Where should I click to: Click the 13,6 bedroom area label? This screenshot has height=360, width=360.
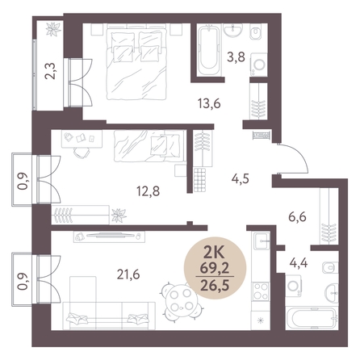[x=209, y=103]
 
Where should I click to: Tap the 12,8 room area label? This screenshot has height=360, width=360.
[x=149, y=191]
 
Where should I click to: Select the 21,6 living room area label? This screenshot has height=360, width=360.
[x=128, y=274]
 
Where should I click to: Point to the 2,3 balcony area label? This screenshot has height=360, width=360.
[x=50, y=71]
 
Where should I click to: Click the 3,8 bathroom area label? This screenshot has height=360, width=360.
[x=237, y=57]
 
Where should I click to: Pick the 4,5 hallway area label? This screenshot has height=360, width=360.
[x=241, y=178]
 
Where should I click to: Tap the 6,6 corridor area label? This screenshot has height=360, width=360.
[x=297, y=216]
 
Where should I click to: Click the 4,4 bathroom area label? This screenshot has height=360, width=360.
[x=299, y=262]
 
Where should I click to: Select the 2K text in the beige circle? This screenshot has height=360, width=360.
[x=215, y=253]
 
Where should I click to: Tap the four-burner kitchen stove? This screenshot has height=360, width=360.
[x=261, y=291]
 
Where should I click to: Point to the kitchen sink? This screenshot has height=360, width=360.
[x=262, y=241]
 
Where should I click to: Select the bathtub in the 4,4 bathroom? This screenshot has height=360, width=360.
[x=312, y=317]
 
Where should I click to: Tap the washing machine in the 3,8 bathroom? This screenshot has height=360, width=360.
[x=259, y=65]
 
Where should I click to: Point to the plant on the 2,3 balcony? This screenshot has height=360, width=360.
[x=54, y=29]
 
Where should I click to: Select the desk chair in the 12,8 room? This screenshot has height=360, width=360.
[x=82, y=153]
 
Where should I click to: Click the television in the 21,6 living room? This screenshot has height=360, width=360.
[x=111, y=236]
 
